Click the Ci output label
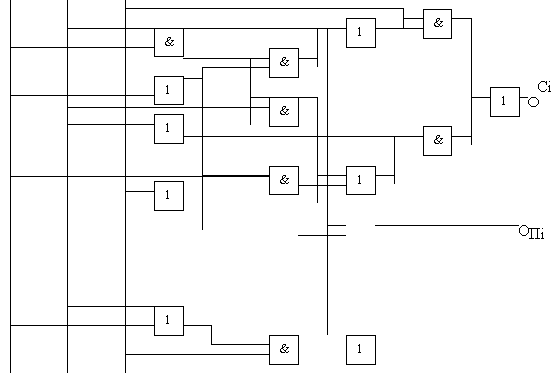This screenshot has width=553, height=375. [x=544, y=87]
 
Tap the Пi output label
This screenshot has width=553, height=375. [x=536, y=234]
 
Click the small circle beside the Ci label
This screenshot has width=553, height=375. [x=533, y=102]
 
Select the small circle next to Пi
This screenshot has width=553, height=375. [x=524, y=230]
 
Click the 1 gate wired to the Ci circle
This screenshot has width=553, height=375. [x=505, y=102]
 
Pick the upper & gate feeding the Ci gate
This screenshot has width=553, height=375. [x=437, y=24]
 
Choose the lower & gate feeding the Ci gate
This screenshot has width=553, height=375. [x=437, y=141]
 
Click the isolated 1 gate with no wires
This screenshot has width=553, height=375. [x=361, y=350]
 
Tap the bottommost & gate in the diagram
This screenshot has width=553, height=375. [x=284, y=350]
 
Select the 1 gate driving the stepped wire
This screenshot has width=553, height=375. [x=169, y=321]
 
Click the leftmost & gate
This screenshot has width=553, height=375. [x=169, y=42]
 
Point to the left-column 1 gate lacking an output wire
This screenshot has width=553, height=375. [x=169, y=196]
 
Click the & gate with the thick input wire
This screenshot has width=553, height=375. [x=284, y=180]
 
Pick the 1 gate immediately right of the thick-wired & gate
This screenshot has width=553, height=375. [x=361, y=180]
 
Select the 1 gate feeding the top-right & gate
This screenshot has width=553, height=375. [x=361, y=33]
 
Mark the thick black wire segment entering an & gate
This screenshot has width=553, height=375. [x=236, y=176]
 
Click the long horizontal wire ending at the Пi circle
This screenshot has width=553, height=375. [x=447, y=225]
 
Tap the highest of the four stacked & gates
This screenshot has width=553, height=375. [x=284, y=63]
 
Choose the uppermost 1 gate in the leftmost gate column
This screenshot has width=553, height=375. [x=169, y=90]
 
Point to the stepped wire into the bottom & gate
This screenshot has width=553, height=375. [x=212, y=335]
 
